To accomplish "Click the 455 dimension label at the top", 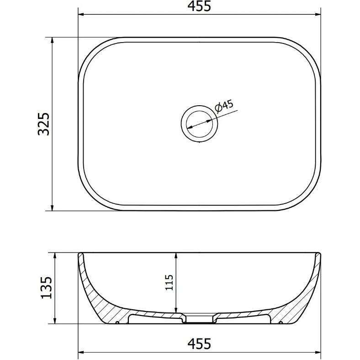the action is [x=199, y=6].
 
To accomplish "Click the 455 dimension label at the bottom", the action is [x=199, y=344].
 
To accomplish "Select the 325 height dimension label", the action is [x=43, y=124].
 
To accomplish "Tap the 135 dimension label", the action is [x=47, y=288].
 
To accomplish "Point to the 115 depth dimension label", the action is [x=169, y=283].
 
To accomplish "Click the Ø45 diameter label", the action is [x=224, y=106].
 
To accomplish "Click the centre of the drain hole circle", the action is [x=199, y=124].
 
